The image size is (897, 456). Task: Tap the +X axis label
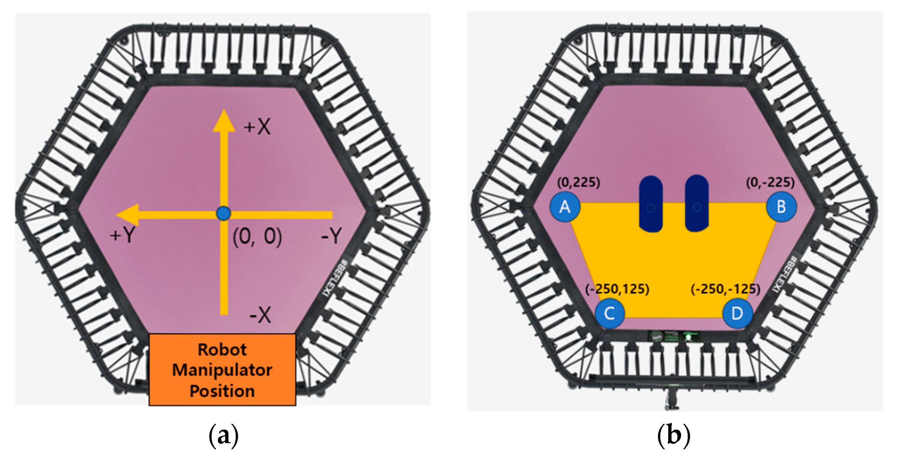click(x=257, y=127)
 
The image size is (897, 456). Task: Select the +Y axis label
click(x=122, y=235)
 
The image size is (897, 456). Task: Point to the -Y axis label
click(x=331, y=236)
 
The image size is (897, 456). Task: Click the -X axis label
click(x=260, y=315)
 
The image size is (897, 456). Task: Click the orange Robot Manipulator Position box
click(x=222, y=370)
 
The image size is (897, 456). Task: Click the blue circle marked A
click(x=565, y=207)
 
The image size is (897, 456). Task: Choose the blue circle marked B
click(x=781, y=207)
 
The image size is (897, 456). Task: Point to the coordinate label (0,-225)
click(x=770, y=182)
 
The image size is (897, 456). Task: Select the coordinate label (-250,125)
click(x=617, y=289)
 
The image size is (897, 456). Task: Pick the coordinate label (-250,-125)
click(x=725, y=289)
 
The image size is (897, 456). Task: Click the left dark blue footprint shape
click(x=650, y=204)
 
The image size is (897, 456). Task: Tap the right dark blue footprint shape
click(x=696, y=203)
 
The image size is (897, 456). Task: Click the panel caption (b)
click(x=673, y=435)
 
